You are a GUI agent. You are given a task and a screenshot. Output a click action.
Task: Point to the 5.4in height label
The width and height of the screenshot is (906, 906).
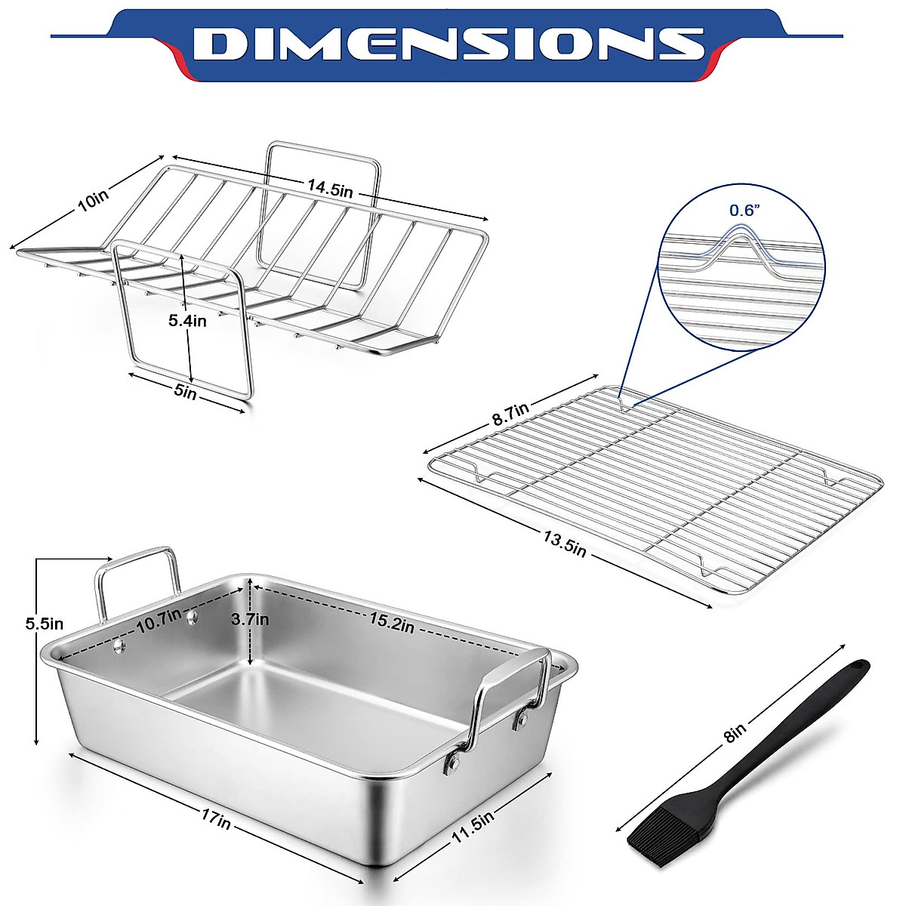click(x=187, y=321)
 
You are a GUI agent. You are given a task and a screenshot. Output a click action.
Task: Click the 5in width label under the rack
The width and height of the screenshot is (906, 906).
click(x=185, y=393)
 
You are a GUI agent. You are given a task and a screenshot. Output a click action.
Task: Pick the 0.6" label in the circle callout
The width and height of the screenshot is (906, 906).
click(x=741, y=211)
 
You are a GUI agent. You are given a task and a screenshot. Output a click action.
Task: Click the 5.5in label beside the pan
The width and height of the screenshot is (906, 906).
click(x=44, y=624)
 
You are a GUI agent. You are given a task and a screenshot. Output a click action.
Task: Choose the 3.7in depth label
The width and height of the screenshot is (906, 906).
click(x=250, y=620)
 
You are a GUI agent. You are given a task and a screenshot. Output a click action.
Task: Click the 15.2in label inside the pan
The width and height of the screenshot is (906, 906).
click(x=391, y=624)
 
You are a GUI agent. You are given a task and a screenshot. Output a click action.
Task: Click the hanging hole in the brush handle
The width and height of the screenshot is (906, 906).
click(x=858, y=667)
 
